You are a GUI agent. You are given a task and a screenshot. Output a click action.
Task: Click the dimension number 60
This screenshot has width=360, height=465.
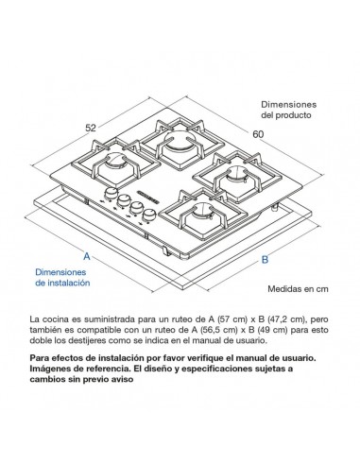[283, 134]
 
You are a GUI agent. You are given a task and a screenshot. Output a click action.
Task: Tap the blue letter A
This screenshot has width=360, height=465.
[85, 256]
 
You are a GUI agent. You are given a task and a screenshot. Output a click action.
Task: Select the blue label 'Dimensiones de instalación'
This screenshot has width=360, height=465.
[63, 276]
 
